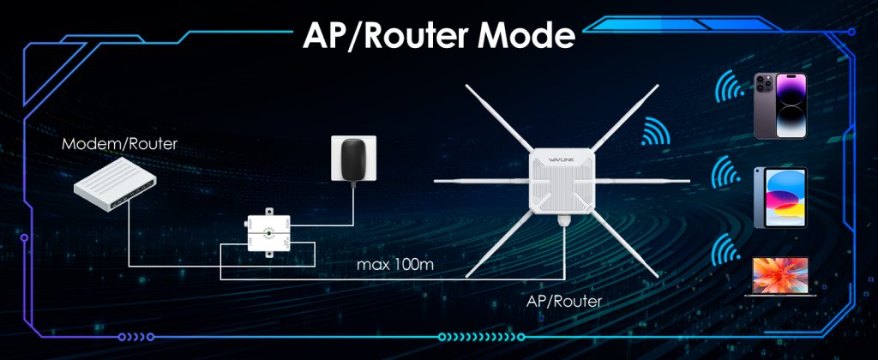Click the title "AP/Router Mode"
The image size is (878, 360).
[x=438, y=35]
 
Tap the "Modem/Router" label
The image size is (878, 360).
[x=120, y=144]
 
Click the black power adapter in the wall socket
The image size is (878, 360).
[x=351, y=160]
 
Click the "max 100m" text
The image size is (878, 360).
[x=395, y=263]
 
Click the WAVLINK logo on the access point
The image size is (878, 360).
[x=562, y=159]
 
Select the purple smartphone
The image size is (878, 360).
[x=779, y=105]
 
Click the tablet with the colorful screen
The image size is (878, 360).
[x=779, y=197]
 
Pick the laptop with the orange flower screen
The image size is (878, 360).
[x=779, y=274]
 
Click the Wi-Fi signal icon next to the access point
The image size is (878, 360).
[x=655, y=134]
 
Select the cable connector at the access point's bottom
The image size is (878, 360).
[x=563, y=220]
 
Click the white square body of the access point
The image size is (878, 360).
[x=562, y=184]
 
